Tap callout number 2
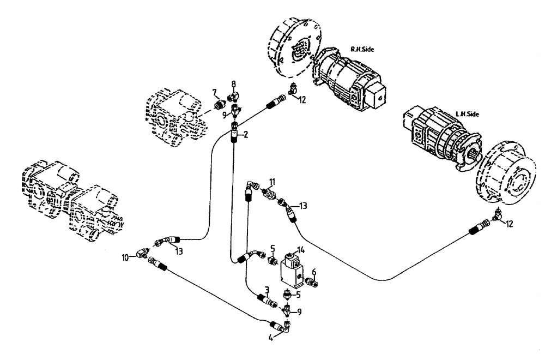pos(246,135)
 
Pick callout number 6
pos(314,271)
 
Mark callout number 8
pos(233,84)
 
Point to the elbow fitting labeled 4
pos(284,327)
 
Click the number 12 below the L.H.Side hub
pos(508,223)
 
